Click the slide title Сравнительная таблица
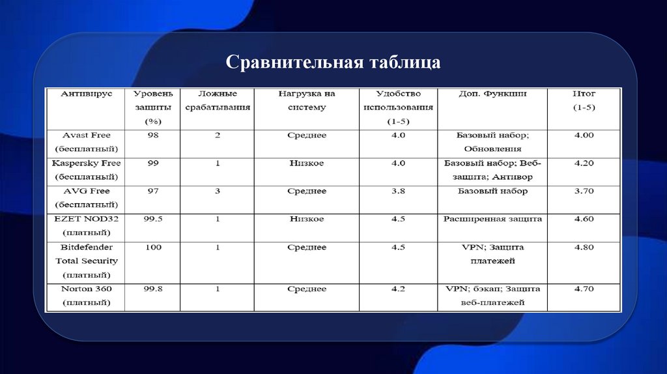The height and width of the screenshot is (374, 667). [333, 63]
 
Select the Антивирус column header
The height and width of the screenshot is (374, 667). [87, 94]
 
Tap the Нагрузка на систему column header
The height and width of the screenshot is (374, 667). [306, 100]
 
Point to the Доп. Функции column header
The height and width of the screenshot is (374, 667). [492, 94]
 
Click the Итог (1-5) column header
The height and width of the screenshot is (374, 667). [584, 100]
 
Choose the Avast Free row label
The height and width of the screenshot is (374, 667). [87, 142]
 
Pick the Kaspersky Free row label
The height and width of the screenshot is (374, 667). [87, 170]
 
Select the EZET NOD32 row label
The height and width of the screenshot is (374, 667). [87, 225]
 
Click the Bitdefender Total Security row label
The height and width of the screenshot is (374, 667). [87, 261]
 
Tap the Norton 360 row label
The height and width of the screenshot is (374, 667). [87, 296]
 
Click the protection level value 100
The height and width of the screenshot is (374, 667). [153, 248]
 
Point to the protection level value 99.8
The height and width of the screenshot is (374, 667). [153, 289]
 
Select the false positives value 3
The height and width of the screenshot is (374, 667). [218, 192]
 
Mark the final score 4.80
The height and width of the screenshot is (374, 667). [584, 248]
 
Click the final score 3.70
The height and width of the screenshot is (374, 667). [584, 192]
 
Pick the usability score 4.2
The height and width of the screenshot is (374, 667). [399, 289]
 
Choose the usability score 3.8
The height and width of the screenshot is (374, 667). [399, 192]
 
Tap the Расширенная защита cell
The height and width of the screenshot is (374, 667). [492, 220]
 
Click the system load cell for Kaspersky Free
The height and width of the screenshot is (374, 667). [306, 164]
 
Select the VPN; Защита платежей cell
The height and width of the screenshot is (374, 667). [492, 254]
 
